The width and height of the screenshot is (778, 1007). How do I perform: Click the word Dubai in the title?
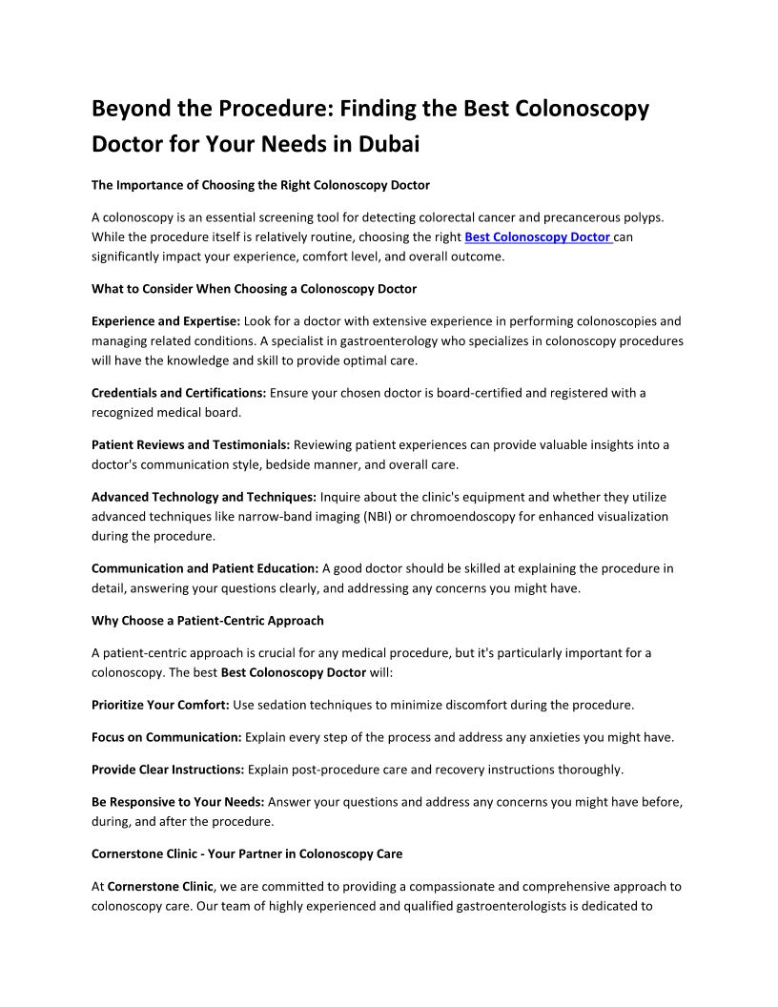[x=389, y=145]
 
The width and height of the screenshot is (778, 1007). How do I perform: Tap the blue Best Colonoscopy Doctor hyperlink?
[x=538, y=237]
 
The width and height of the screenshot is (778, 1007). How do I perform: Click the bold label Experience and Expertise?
[x=166, y=321]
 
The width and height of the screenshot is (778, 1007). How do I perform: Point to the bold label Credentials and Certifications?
[x=179, y=392]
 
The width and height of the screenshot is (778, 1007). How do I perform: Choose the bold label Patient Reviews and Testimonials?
[x=191, y=444]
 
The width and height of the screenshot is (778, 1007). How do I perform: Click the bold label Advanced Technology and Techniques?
[x=204, y=497]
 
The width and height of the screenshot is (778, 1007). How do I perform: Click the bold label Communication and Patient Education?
[x=205, y=568]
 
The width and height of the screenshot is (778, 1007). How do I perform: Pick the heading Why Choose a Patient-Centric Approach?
[x=208, y=621]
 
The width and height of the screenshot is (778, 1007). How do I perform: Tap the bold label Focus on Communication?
[x=167, y=737]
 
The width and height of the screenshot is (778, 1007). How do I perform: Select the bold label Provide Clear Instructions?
[x=168, y=770]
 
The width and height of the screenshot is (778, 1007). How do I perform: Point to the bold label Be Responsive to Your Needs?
[x=177, y=802]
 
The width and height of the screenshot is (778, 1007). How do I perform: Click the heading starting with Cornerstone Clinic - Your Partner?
[x=247, y=853]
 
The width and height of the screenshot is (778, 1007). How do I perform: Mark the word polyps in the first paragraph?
[x=661, y=218]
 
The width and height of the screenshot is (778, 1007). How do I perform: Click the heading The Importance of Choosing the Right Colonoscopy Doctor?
[x=260, y=185]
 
